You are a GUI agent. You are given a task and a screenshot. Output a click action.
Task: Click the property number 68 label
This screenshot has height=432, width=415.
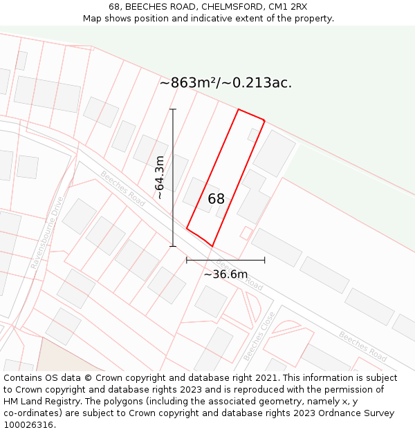point(216,199)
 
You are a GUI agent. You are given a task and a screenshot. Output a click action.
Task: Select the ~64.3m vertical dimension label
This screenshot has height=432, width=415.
point(160,178)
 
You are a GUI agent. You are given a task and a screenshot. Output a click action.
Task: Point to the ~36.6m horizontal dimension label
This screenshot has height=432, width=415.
point(225,274)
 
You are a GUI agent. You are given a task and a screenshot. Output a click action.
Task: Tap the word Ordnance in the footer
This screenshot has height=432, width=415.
point(333,413)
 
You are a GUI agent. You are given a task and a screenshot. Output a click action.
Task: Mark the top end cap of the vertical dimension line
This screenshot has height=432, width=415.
point(173,109)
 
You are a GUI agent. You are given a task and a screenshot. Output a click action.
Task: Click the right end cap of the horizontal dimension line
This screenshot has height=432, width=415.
point(265,261)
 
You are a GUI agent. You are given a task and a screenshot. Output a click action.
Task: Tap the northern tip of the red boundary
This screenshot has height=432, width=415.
point(239,109)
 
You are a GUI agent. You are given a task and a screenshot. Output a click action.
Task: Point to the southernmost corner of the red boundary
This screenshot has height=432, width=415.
point(212,246)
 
